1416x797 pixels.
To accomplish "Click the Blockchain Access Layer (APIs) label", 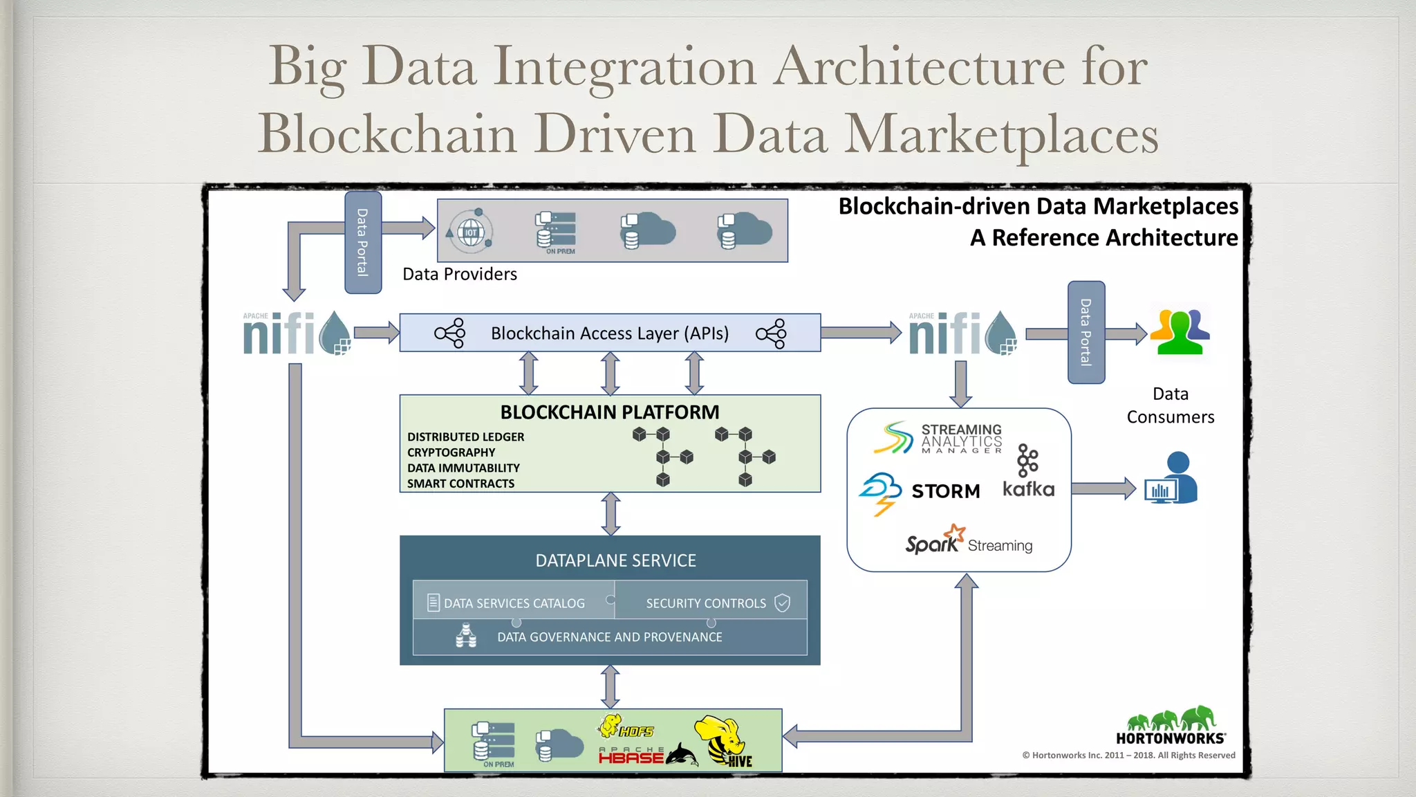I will (x=609, y=333).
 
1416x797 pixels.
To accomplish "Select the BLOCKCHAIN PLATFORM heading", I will (x=609, y=412).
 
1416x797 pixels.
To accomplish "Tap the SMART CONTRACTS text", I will (x=460, y=484).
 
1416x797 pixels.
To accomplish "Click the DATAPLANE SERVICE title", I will (x=615, y=560).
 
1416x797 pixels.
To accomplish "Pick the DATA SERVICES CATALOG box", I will (x=513, y=603).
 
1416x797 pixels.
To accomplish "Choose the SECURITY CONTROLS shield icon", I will (x=782, y=603).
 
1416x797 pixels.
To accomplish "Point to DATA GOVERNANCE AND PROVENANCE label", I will (x=609, y=637).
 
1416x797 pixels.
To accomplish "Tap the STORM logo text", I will (x=945, y=491).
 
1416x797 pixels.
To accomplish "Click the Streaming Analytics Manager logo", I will (x=938, y=439).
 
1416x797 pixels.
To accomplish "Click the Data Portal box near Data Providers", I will (x=363, y=243).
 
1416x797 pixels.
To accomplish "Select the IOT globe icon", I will (x=471, y=232).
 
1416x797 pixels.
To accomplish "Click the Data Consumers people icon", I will (x=1180, y=332).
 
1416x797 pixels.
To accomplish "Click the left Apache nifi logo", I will (x=296, y=333).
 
